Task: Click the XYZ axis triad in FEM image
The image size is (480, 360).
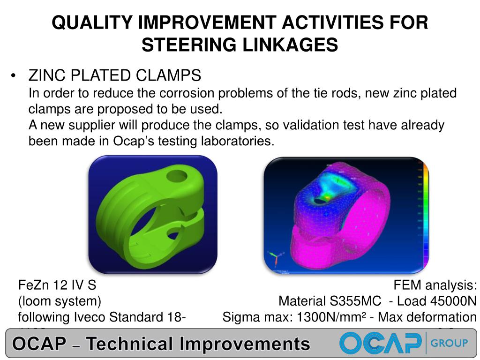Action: point(274,257)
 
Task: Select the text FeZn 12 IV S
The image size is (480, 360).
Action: point(57,285)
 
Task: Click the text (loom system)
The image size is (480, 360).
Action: point(60,301)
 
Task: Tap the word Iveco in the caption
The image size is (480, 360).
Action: point(91,317)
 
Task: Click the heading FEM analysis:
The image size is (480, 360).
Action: point(435,285)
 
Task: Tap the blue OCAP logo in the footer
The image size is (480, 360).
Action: point(380,343)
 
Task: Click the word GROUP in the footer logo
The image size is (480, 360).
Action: point(449,343)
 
